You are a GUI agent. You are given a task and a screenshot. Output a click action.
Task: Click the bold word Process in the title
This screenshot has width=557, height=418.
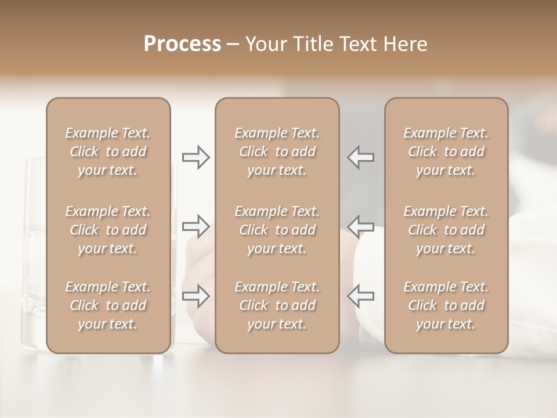click(x=182, y=44)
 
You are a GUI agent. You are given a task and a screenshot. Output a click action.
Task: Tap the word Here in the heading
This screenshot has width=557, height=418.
click(x=406, y=44)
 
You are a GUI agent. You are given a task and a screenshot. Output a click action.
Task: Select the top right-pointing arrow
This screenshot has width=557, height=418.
click(x=196, y=157)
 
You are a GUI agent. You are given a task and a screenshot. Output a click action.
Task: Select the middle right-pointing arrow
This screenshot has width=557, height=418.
click(x=196, y=226)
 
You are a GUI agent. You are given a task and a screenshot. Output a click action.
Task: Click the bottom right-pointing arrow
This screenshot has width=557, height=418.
click(x=196, y=296)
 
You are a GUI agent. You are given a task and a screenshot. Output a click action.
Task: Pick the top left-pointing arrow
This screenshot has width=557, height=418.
click(x=360, y=157)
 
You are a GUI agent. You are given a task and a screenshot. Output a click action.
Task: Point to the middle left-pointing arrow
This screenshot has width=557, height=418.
click(x=360, y=226)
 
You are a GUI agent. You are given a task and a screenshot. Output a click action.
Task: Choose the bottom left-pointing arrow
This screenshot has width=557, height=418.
click(x=360, y=296)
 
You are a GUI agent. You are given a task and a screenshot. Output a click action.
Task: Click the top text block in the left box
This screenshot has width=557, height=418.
click(x=108, y=152)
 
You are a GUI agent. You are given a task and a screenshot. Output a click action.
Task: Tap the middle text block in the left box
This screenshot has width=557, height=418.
click(x=108, y=230)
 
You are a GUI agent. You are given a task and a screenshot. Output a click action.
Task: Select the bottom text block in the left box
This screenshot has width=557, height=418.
click(x=108, y=305)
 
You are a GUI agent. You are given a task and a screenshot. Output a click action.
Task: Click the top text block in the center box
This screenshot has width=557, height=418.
click(x=277, y=152)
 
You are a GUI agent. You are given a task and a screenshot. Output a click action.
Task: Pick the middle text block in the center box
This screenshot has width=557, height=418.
click(x=277, y=230)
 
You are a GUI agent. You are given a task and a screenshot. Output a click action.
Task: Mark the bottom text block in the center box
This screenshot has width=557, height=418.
click(x=277, y=305)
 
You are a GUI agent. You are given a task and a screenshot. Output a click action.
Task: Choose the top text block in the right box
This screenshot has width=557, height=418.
click(x=446, y=152)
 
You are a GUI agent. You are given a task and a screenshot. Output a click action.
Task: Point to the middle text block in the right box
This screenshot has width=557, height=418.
click(x=446, y=230)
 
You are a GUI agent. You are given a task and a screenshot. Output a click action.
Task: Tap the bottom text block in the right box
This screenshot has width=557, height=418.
click(x=446, y=305)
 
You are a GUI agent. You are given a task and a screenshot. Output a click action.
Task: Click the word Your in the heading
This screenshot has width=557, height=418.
click(x=266, y=44)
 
